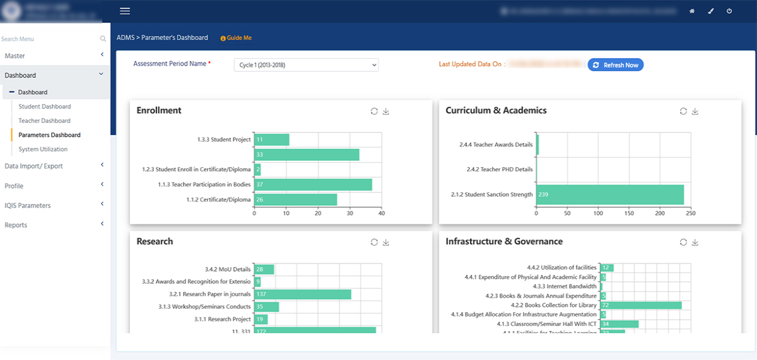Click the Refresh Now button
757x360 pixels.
(x=616, y=65)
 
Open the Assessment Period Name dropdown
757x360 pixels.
(x=306, y=65)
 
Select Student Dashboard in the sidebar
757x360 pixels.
(x=45, y=107)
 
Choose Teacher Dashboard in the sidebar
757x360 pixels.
(x=44, y=120)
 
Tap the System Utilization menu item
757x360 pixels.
(x=43, y=149)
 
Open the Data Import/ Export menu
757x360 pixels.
(x=33, y=166)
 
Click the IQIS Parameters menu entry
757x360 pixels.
(x=28, y=206)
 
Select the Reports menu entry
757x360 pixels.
(x=16, y=225)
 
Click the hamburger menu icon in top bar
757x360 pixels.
(x=125, y=11)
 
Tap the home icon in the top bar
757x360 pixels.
(x=692, y=11)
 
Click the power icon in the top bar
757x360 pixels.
(x=729, y=11)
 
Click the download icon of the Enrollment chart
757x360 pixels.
(x=386, y=112)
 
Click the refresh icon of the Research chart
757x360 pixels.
(x=374, y=242)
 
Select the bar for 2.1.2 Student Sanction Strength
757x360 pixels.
(x=610, y=195)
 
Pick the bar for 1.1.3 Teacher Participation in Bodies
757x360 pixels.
(x=313, y=185)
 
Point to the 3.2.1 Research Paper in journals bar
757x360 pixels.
(x=302, y=294)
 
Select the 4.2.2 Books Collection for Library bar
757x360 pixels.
(x=640, y=305)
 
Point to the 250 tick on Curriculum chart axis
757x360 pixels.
(x=691, y=214)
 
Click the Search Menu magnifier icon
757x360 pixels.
(x=103, y=39)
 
